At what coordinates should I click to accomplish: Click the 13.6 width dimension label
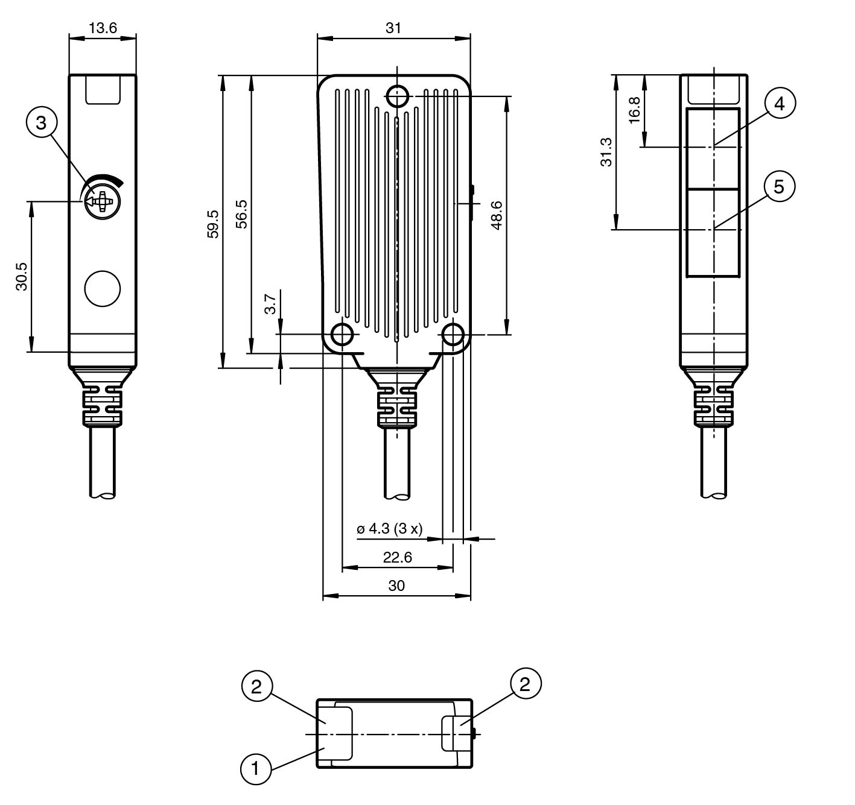click(103, 28)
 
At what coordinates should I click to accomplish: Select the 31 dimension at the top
click(393, 28)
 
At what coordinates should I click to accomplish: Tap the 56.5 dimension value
click(241, 213)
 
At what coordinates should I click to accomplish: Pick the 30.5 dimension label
click(22, 276)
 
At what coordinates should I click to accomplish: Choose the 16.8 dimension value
click(634, 110)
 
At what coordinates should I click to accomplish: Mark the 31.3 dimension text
click(606, 152)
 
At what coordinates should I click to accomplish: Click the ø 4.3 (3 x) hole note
click(389, 529)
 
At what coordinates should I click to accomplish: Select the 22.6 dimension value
click(397, 557)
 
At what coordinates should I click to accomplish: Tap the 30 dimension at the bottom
click(396, 586)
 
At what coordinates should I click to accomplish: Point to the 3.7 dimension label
click(270, 304)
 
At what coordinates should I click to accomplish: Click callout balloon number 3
click(41, 123)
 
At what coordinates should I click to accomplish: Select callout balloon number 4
click(780, 104)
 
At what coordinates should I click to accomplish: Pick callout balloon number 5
click(779, 187)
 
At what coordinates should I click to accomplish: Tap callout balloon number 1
click(255, 769)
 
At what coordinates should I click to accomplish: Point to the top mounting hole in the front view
click(397, 95)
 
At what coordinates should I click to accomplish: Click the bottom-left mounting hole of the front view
click(342, 333)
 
